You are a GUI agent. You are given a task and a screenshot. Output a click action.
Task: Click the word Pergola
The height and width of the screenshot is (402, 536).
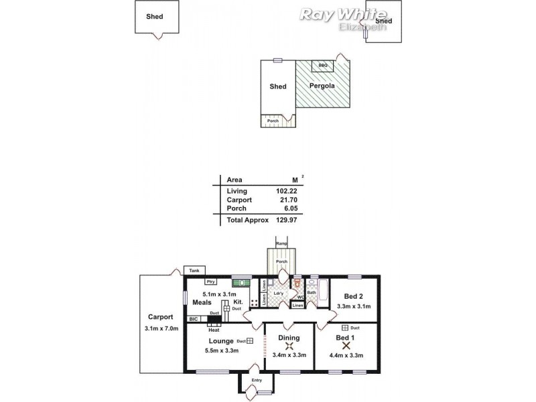[x=322, y=86]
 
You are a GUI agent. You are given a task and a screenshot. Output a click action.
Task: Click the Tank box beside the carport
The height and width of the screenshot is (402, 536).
[x=194, y=271]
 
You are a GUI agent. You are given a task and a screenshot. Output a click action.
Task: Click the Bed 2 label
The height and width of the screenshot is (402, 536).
[x=353, y=297]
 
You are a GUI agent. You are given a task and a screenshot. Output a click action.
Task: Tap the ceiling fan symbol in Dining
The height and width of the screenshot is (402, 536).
[x=290, y=347]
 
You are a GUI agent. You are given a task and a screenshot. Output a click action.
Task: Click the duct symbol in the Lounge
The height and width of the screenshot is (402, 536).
[x=249, y=341]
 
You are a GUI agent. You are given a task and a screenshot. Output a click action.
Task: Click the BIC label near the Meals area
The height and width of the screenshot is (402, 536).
[x=193, y=320]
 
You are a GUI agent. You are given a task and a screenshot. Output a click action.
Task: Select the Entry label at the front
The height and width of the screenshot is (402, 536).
[x=257, y=381]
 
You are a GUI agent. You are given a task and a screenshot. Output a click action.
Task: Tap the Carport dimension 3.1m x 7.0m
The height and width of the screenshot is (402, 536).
[x=160, y=328]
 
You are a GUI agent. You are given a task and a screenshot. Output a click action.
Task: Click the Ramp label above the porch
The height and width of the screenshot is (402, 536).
[x=281, y=243]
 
